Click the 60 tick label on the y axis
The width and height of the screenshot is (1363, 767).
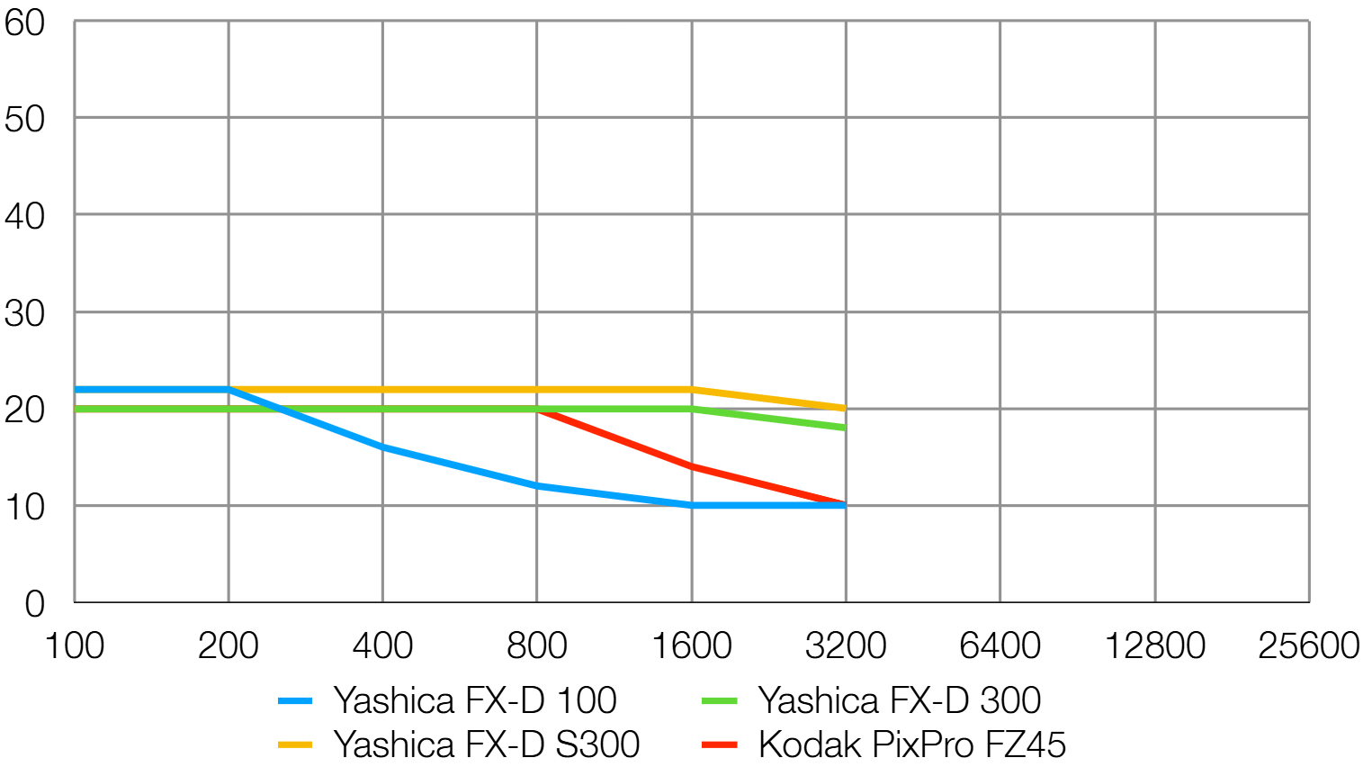[24, 23]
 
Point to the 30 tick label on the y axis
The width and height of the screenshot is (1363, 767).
[24, 313]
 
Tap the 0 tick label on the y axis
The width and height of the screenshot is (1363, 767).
[35, 604]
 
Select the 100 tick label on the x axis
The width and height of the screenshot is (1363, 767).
[75, 645]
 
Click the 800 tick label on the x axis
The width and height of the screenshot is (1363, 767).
[537, 645]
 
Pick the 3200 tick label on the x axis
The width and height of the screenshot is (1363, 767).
[846, 645]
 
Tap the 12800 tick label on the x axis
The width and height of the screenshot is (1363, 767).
[1155, 645]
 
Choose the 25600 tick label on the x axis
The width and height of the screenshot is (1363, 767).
[1309, 645]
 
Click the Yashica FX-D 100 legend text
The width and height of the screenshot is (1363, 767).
[475, 699]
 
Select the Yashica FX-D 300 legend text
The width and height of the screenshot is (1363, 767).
[900, 699]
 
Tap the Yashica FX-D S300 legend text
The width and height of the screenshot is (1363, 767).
[487, 744]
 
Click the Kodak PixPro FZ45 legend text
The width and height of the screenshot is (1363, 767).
[912, 744]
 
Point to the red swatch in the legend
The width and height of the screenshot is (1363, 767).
[720, 744]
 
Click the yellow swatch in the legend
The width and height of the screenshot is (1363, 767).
[295, 744]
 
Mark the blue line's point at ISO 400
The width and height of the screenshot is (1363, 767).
[383, 447]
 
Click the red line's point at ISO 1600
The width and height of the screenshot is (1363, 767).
[692, 466]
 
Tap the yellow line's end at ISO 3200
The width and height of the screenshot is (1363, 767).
[845, 409]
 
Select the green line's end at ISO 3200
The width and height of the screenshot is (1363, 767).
[845, 428]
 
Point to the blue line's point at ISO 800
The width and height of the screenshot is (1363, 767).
[537, 486]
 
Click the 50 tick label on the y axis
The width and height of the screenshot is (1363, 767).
[24, 119]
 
